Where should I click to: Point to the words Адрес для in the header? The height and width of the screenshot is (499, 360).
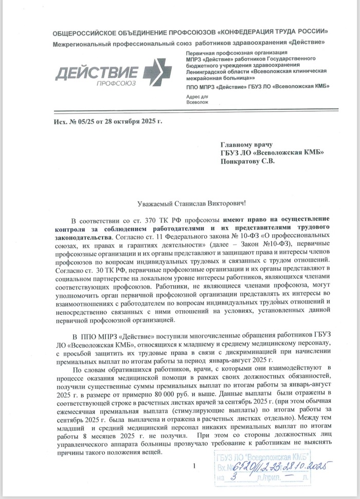(196, 97)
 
